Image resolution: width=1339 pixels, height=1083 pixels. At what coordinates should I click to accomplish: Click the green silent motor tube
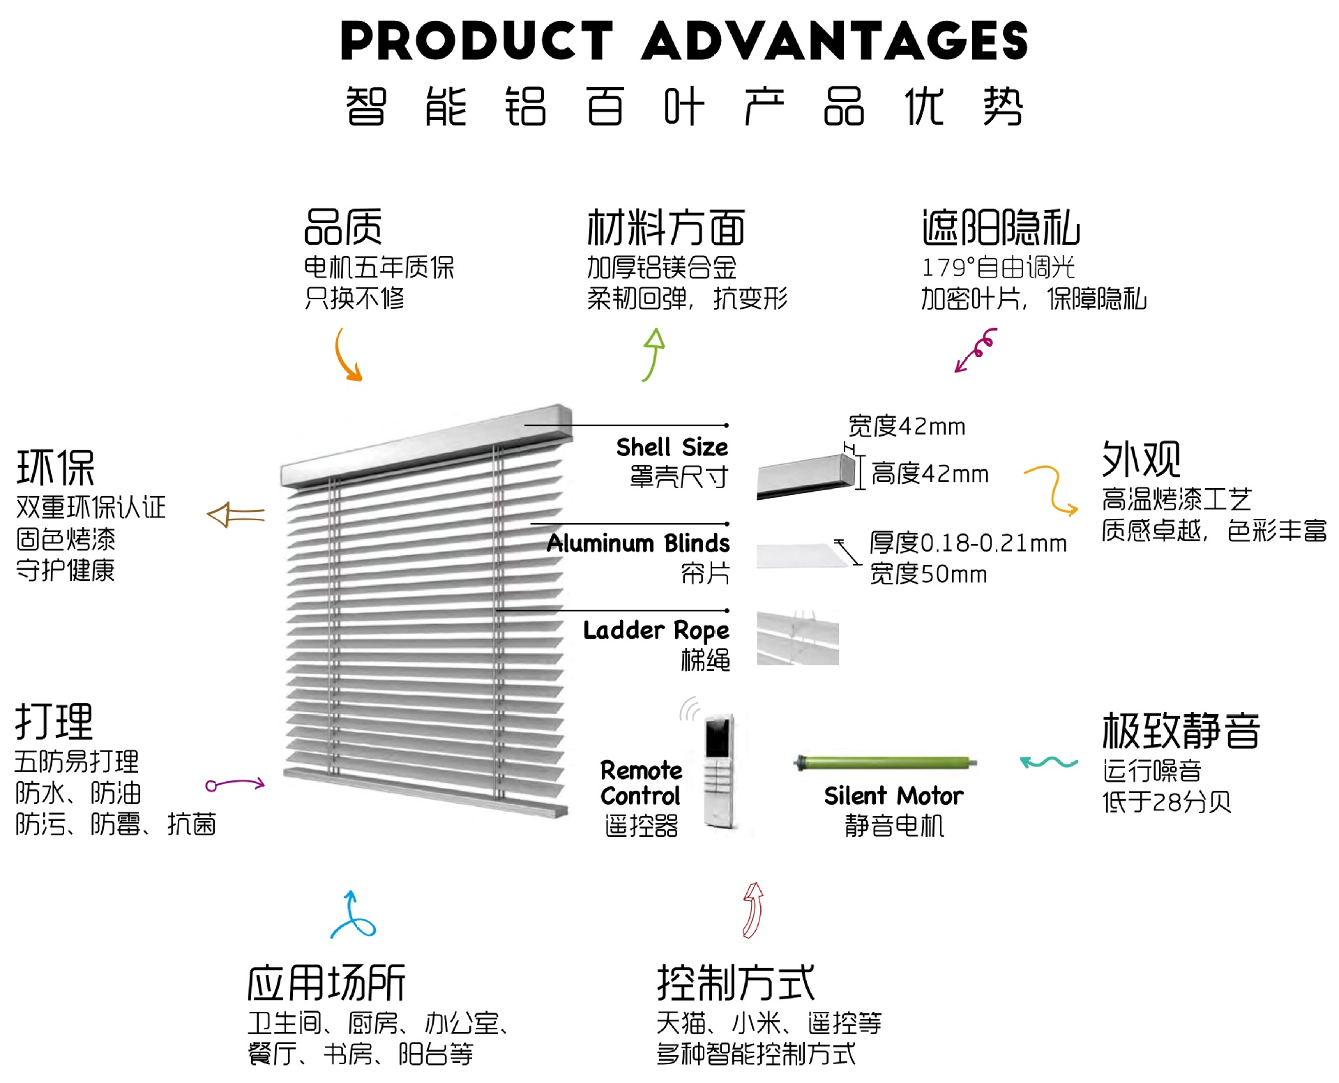point(886,762)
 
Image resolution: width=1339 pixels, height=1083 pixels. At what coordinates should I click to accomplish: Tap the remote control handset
point(719,771)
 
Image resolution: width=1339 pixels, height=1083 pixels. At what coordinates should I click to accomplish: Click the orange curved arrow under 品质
point(347,356)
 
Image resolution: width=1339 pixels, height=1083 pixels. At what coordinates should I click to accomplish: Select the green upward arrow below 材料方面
point(653,354)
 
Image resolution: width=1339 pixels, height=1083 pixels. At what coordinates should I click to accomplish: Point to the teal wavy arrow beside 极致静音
point(1048,762)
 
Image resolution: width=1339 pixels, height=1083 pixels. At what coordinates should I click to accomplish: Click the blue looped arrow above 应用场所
point(352,916)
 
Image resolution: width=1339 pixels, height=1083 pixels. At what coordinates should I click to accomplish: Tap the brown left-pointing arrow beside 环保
point(236,515)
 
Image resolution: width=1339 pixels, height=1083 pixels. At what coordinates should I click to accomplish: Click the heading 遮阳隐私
point(1001,228)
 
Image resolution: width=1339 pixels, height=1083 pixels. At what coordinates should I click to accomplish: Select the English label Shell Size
point(672,447)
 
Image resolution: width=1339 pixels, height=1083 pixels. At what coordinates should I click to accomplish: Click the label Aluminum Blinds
point(638,543)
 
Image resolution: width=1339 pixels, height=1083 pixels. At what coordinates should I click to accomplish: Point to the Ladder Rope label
point(656,630)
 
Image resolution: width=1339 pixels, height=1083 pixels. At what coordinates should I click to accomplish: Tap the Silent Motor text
point(893,796)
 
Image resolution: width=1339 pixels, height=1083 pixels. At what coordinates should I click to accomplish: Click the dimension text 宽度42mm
point(907,426)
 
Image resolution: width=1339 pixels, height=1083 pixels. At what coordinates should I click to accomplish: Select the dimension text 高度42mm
point(930,474)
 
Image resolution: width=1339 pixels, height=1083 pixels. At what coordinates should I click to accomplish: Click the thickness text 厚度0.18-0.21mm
point(968,543)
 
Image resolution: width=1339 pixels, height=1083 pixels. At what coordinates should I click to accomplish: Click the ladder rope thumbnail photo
point(798,638)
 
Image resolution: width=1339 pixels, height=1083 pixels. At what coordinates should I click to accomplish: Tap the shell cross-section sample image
point(806,476)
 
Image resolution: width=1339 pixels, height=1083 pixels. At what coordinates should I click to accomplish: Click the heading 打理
point(54,722)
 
